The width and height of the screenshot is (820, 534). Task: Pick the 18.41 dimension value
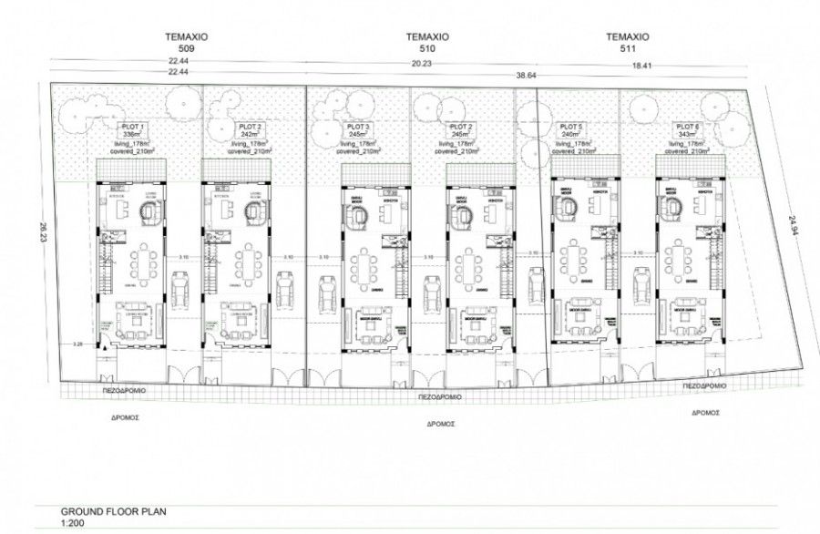[643, 64]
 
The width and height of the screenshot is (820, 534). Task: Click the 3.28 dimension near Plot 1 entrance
[78, 345]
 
